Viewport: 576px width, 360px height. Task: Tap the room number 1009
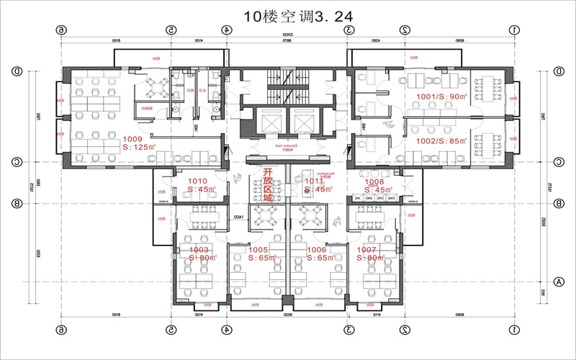point(132,138)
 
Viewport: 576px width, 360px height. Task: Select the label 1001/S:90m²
point(441,96)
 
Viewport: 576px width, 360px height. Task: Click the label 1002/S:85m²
point(441,141)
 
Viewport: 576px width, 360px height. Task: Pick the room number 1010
point(197,181)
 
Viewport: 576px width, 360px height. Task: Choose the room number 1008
point(374,181)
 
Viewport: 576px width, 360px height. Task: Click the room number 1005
point(258,249)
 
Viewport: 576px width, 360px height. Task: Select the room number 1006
point(317,249)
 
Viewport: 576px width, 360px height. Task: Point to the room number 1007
point(367,249)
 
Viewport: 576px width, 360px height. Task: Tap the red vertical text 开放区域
point(267,186)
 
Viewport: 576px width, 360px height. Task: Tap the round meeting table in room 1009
point(156,86)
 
